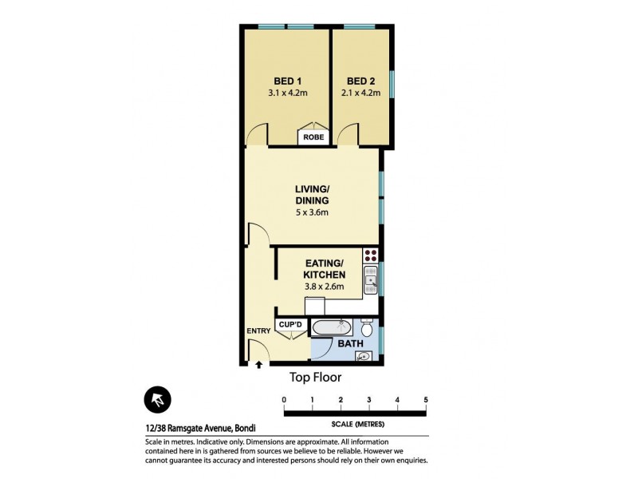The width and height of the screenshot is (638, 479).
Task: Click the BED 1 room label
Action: click(287, 81)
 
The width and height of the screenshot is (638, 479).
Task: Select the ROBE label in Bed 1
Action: click(312, 137)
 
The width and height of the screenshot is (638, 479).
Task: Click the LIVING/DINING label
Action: click(312, 194)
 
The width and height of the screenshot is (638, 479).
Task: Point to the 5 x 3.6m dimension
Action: click(312, 212)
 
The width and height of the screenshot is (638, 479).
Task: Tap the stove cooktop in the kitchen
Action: click(371, 256)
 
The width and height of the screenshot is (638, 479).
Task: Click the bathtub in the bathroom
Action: click(329, 327)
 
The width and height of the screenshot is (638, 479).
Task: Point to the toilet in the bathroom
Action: click(367, 329)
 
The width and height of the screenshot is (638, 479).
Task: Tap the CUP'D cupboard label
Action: click(290, 324)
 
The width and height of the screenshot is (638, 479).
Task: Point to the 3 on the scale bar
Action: click(369, 399)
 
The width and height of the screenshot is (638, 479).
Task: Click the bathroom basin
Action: click(364, 356)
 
